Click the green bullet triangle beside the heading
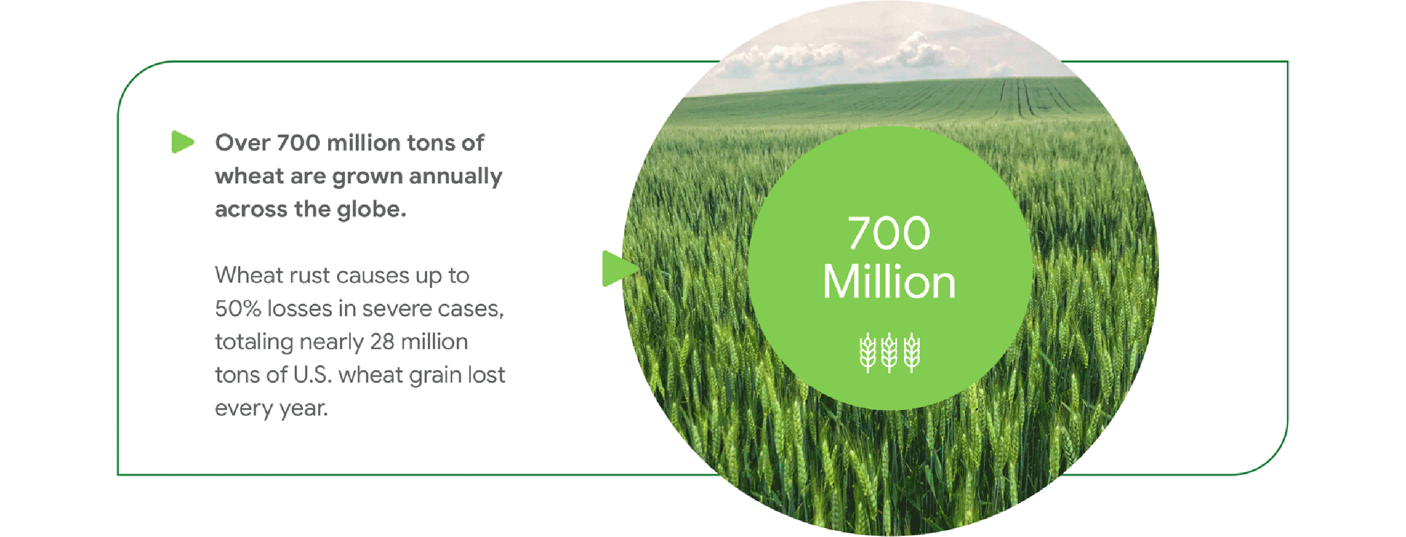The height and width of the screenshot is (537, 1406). (x=182, y=142)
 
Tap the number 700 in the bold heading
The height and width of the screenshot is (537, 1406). (x=298, y=143)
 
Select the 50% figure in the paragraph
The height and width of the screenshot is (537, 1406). (x=238, y=309)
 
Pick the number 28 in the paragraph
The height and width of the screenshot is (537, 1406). (x=383, y=342)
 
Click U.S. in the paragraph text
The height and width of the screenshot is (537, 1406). (x=312, y=375)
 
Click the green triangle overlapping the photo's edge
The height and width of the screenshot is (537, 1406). (x=617, y=269)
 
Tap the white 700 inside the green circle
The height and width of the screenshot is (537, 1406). (x=889, y=234)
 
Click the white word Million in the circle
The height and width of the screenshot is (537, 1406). (x=889, y=282)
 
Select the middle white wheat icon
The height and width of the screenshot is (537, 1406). (x=889, y=353)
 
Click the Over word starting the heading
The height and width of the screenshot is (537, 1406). (x=243, y=143)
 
